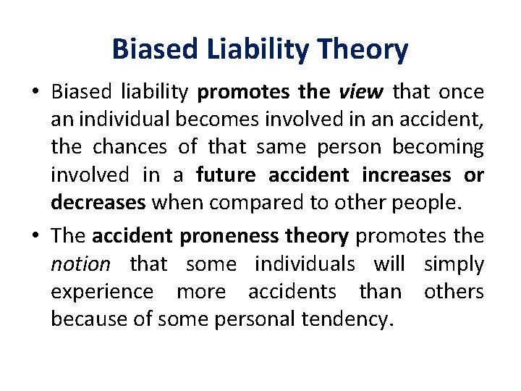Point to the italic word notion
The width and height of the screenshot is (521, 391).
(x=80, y=264)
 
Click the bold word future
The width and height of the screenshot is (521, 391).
(x=226, y=175)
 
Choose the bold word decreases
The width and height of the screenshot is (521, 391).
(x=98, y=203)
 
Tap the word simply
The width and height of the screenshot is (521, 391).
(x=454, y=264)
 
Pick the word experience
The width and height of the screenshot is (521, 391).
(x=102, y=292)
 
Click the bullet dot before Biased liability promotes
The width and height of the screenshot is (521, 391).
(x=35, y=93)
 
